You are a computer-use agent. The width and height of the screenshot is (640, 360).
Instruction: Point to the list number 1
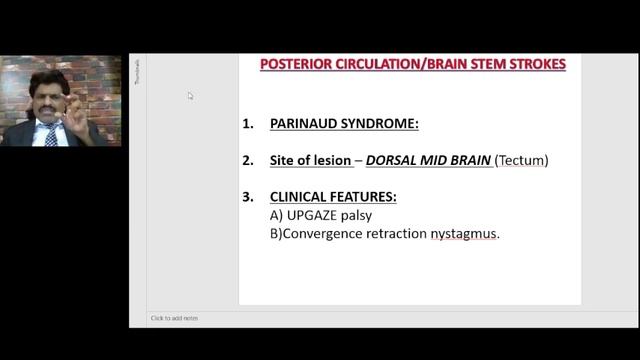[247, 124]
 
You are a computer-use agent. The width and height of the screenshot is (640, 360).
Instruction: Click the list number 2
[247, 160]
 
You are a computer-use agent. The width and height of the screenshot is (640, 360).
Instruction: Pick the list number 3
[247, 197]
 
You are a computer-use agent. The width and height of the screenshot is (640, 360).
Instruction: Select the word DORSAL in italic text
[393, 160]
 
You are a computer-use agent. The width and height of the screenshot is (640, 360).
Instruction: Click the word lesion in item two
[331, 160]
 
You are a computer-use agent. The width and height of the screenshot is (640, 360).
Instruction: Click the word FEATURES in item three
[366, 197]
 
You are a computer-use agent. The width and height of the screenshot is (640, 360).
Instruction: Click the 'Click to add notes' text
[174, 318]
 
